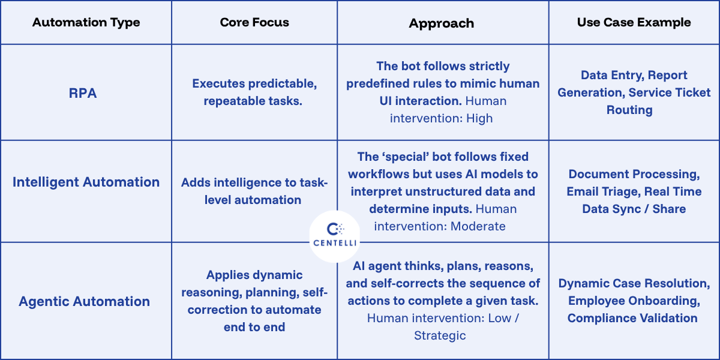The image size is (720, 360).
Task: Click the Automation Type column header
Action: pyautogui.click(x=86, y=23)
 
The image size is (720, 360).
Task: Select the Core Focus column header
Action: pyautogui.click(x=254, y=23)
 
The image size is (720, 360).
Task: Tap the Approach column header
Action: pyautogui.click(x=442, y=23)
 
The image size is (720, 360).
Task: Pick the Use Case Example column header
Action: pyautogui.click(x=634, y=23)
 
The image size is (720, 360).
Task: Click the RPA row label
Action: pyautogui.click(x=83, y=92)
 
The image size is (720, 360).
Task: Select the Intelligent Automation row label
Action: pyautogui.click(x=86, y=182)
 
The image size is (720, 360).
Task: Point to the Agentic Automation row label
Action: pyautogui.click(x=84, y=301)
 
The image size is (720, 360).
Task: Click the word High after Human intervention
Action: pyautogui.click(x=479, y=119)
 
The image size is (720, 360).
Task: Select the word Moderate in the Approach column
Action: pyautogui.click(x=478, y=226)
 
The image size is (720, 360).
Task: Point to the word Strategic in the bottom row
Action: pyautogui.click(x=440, y=335)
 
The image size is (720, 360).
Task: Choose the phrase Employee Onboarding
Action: pyautogui.click(x=634, y=301)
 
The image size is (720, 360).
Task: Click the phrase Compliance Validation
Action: pyautogui.click(x=632, y=318)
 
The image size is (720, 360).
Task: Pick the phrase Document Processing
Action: pyautogui.click(x=634, y=175)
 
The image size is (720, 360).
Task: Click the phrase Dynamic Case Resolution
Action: pyautogui.click(x=634, y=283)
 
